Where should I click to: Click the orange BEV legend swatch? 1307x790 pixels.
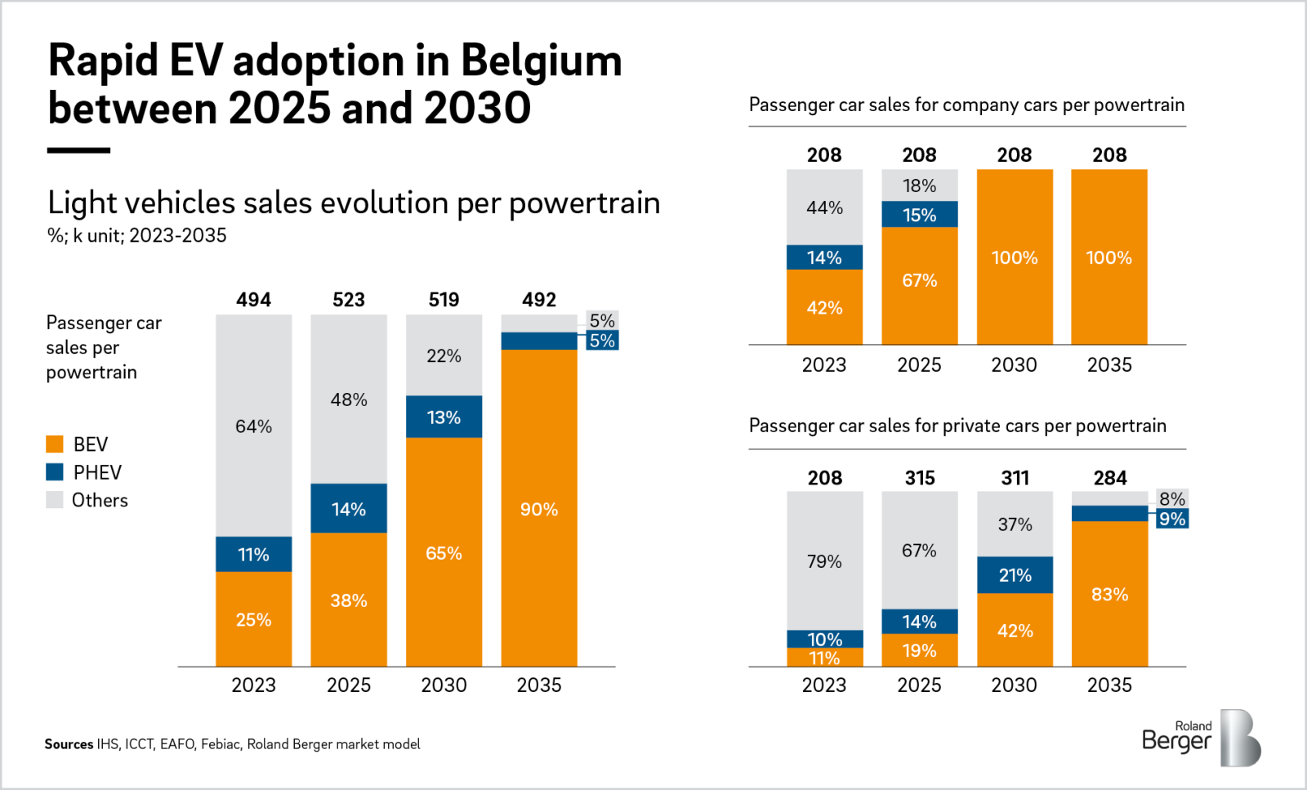point(55,444)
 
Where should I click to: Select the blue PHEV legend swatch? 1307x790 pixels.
point(55,472)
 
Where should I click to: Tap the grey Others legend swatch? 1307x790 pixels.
point(55,500)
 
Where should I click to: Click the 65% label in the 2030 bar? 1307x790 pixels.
point(444,553)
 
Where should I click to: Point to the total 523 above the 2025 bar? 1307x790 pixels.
point(349,300)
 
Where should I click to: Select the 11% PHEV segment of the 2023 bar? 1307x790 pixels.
point(253,555)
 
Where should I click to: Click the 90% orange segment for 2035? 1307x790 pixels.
point(539,509)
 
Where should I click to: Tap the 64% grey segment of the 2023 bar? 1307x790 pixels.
point(253,426)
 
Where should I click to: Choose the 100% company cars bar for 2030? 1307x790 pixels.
point(1015,257)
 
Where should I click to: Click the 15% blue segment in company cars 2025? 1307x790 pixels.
point(919,215)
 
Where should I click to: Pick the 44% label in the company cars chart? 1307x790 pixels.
point(824,208)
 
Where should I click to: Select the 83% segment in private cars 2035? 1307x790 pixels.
point(1109,594)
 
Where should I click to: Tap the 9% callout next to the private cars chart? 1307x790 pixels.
point(1172,519)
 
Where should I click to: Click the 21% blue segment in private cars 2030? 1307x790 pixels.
point(1015,575)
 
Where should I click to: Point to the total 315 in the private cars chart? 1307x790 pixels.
point(920,478)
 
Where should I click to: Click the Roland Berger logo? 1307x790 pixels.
point(1201,738)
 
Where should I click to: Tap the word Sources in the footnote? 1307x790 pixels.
point(69,744)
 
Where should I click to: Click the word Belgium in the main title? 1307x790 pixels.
point(541,61)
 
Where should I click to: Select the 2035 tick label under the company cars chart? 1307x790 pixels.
point(1109,365)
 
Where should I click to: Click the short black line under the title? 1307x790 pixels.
point(78,150)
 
